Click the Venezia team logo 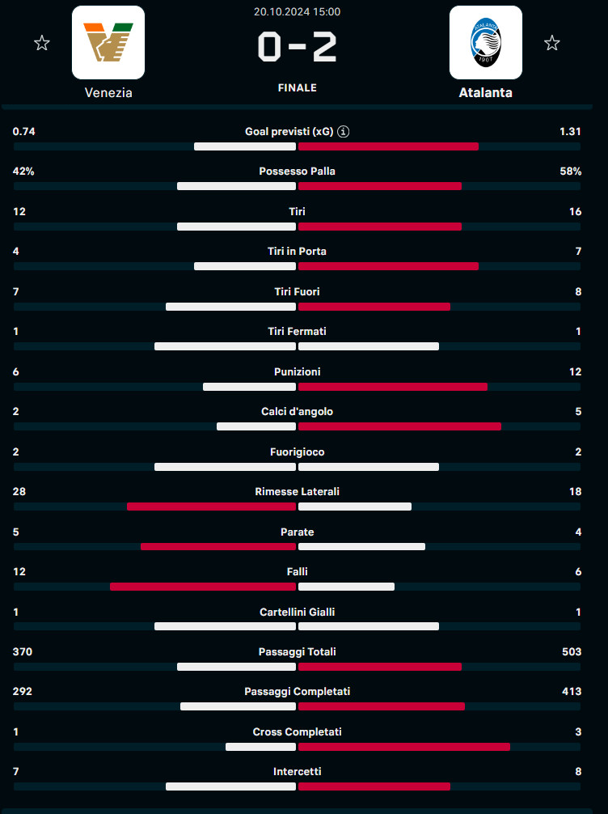[x=108, y=42]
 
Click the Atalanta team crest [x=485, y=42]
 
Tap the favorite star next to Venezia [x=42, y=43]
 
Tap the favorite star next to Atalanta [x=552, y=43]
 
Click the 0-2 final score [x=297, y=48]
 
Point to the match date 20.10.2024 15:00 [x=297, y=11]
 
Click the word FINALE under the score [x=297, y=87]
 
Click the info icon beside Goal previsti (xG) [x=344, y=131]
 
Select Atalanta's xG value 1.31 [x=570, y=131]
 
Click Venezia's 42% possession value [x=23, y=172]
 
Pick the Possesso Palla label [x=297, y=172]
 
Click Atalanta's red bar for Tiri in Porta [x=388, y=266]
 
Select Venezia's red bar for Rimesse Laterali [x=211, y=507]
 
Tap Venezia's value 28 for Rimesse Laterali [x=20, y=492]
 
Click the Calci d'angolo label [x=297, y=412]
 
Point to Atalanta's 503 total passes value [x=571, y=652]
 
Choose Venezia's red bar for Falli [x=203, y=587]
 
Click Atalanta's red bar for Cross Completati [x=404, y=747]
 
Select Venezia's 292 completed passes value [x=23, y=692]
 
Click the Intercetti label [x=297, y=772]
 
